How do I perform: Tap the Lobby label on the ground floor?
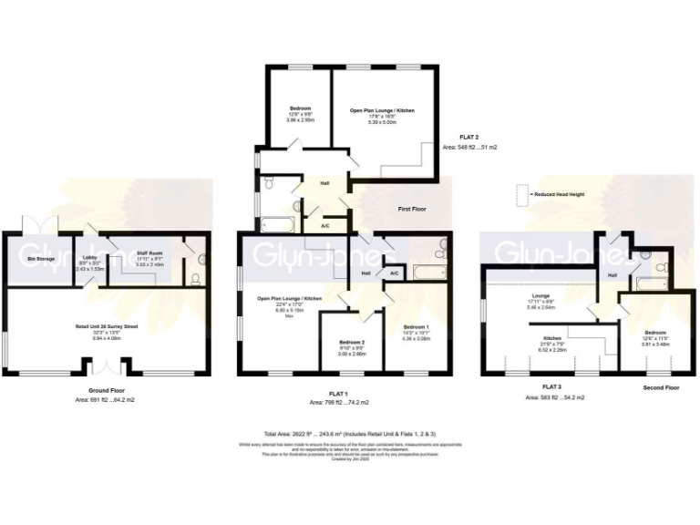tap(90, 259)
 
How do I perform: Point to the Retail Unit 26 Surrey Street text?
tap(106, 325)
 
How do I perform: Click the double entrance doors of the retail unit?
tap(108, 366)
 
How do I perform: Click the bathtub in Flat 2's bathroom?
tap(278, 224)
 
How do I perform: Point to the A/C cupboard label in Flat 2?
tap(325, 225)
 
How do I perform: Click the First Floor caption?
tap(413, 209)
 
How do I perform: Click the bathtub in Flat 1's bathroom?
tap(427, 272)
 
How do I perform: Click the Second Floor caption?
tap(661, 387)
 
